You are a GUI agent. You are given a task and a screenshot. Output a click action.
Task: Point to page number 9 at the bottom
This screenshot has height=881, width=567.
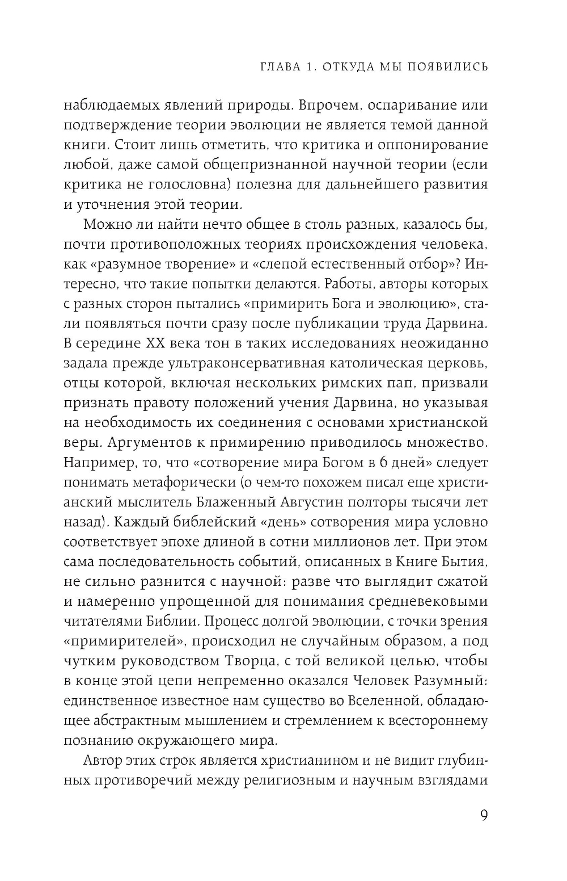click(483, 815)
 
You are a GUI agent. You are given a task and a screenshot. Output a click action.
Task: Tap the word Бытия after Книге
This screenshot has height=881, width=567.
click(463, 562)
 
